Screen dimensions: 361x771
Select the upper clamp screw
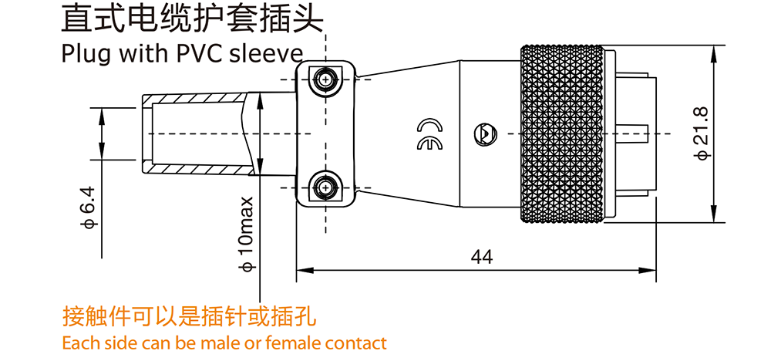pos(325,79)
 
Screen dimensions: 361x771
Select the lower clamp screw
pos(325,187)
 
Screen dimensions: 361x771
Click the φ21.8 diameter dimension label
pos(701,134)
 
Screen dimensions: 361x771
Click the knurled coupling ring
pos(563,134)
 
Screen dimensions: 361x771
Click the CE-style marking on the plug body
pos(429,134)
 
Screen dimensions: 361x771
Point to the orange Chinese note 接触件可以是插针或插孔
pos(189,317)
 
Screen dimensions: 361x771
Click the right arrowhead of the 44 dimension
pos(651,271)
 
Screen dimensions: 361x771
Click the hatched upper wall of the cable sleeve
pos(197,100)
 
